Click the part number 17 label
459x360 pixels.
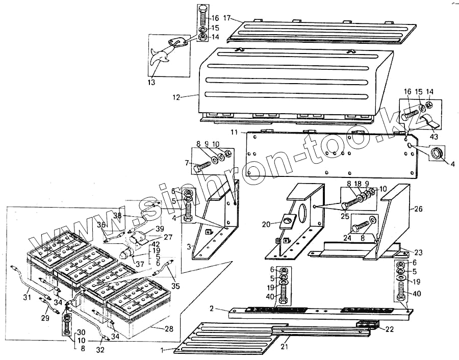coord(227,19)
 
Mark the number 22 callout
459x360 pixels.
coord(389,329)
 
